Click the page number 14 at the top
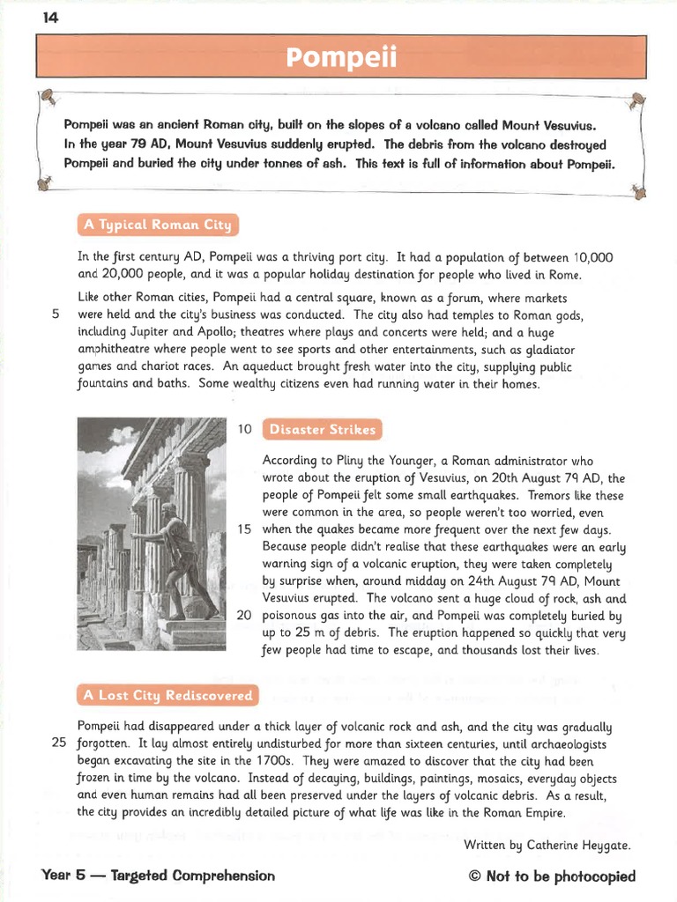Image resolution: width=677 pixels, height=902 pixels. click(x=49, y=18)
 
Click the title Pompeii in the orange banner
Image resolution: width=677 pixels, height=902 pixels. click(x=342, y=58)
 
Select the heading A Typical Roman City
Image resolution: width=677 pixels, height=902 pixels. click(x=158, y=225)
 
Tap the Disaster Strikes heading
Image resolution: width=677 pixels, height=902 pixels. click(x=322, y=430)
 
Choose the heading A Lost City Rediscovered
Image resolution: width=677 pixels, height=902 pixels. click(x=167, y=695)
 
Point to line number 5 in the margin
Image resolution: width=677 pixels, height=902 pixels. click(x=56, y=314)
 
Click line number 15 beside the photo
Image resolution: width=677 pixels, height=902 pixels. click(x=245, y=529)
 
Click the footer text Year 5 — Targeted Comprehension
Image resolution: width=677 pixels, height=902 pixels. click(x=158, y=876)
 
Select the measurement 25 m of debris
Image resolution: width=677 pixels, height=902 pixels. click(x=328, y=632)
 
